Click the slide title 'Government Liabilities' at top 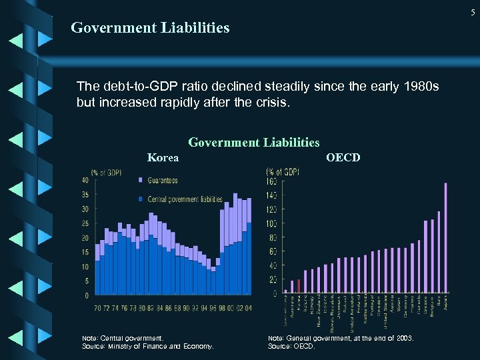point(150,28)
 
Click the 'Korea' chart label point(163,157)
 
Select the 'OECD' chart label point(343,157)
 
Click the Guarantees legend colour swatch point(140,180)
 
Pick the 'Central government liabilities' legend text point(185,199)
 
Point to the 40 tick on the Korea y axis point(85,180)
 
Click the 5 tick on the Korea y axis point(86,281)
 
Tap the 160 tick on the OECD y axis point(272,181)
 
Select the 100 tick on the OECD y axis point(272,223)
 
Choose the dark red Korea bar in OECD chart point(299,286)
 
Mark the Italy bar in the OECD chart point(439,252)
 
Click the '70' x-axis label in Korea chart point(97,308)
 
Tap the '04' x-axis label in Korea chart point(248,308)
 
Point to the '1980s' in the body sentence point(417,87)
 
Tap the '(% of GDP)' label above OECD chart point(283,171)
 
